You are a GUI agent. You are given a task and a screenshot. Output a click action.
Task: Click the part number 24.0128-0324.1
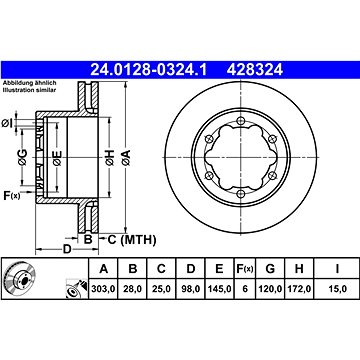(149, 70)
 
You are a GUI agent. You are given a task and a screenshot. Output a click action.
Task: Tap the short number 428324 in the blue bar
(254, 70)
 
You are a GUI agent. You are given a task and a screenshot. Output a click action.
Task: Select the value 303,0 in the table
(103, 289)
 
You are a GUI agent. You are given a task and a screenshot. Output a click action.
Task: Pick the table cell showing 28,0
(133, 289)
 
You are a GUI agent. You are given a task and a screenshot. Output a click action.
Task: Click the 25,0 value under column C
(161, 289)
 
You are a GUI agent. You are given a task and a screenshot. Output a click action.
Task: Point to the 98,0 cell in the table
(191, 289)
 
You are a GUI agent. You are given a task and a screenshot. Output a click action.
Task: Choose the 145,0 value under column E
(219, 289)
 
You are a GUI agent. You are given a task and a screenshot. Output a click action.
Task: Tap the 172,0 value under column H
(299, 289)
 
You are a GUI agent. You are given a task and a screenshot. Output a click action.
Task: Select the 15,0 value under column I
(338, 289)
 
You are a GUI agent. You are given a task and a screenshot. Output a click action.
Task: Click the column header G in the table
(270, 268)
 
